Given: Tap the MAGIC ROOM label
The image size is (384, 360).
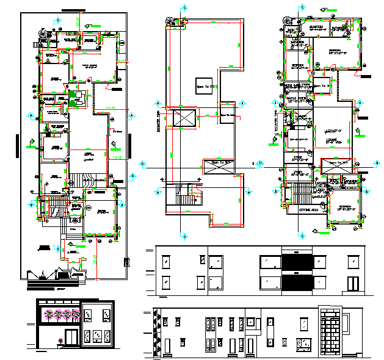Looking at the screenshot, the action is (x=297, y=99).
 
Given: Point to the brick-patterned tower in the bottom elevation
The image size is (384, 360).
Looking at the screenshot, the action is (x=331, y=334).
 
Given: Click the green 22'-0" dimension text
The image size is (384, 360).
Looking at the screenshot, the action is (x=110, y=109).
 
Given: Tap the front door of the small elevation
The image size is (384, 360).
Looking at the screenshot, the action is (x=73, y=337).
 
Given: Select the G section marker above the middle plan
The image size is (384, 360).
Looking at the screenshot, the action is (x=184, y=9).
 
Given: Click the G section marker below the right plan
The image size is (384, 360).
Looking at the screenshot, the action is (x=300, y=234).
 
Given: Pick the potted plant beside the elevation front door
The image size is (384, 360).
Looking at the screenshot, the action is (x=60, y=340).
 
